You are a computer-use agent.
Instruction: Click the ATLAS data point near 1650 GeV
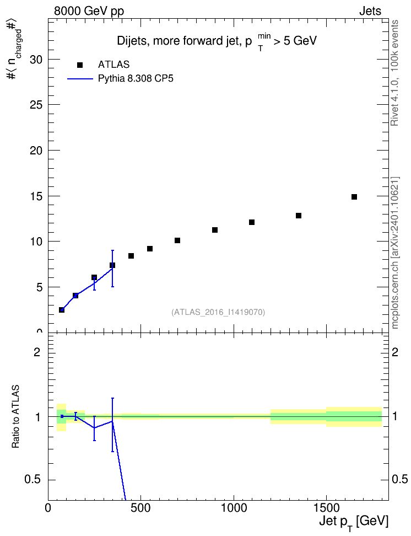(354, 197)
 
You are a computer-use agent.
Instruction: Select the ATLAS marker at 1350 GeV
(299, 216)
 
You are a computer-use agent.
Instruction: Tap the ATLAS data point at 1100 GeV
(252, 222)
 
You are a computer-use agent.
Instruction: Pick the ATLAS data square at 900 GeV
(215, 230)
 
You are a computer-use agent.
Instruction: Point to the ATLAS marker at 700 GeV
(177, 240)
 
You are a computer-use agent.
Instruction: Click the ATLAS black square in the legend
(80, 65)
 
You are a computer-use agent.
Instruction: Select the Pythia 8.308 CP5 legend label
(136, 79)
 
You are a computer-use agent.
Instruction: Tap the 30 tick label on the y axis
(36, 60)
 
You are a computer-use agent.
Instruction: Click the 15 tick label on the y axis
(36, 196)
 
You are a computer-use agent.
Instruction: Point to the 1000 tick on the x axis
(234, 508)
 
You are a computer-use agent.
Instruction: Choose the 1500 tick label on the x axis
(326, 508)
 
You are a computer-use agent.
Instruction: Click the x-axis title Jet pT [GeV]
(354, 523)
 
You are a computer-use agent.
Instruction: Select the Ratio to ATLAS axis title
(15, 417)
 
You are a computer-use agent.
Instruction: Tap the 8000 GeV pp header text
(89, 11)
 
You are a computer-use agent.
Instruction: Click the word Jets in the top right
(370, 11)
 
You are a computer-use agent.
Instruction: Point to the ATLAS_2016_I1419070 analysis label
(218, 312)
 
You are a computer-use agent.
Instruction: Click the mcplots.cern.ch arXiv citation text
(395, 253)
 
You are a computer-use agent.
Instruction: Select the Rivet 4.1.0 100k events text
(394, 73)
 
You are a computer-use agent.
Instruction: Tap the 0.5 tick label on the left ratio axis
(33, 480)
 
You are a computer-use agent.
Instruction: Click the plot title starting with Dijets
(217, 41)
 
